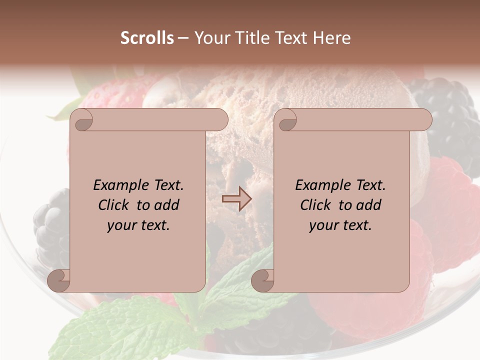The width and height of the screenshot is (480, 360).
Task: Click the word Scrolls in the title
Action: (x=147, y=38)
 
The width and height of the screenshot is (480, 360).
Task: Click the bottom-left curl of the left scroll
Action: (x=58, y=280)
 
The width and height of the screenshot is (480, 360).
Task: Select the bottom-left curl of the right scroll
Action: (x=262, y=280)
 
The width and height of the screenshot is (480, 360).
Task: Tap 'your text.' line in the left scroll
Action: (x=138, y=225)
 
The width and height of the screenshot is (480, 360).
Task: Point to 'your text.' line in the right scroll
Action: (x=340, y=225)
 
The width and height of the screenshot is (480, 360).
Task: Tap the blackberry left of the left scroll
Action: (x=50, y=225)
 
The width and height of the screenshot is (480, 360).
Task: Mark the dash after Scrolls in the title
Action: (x=183, y=38)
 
